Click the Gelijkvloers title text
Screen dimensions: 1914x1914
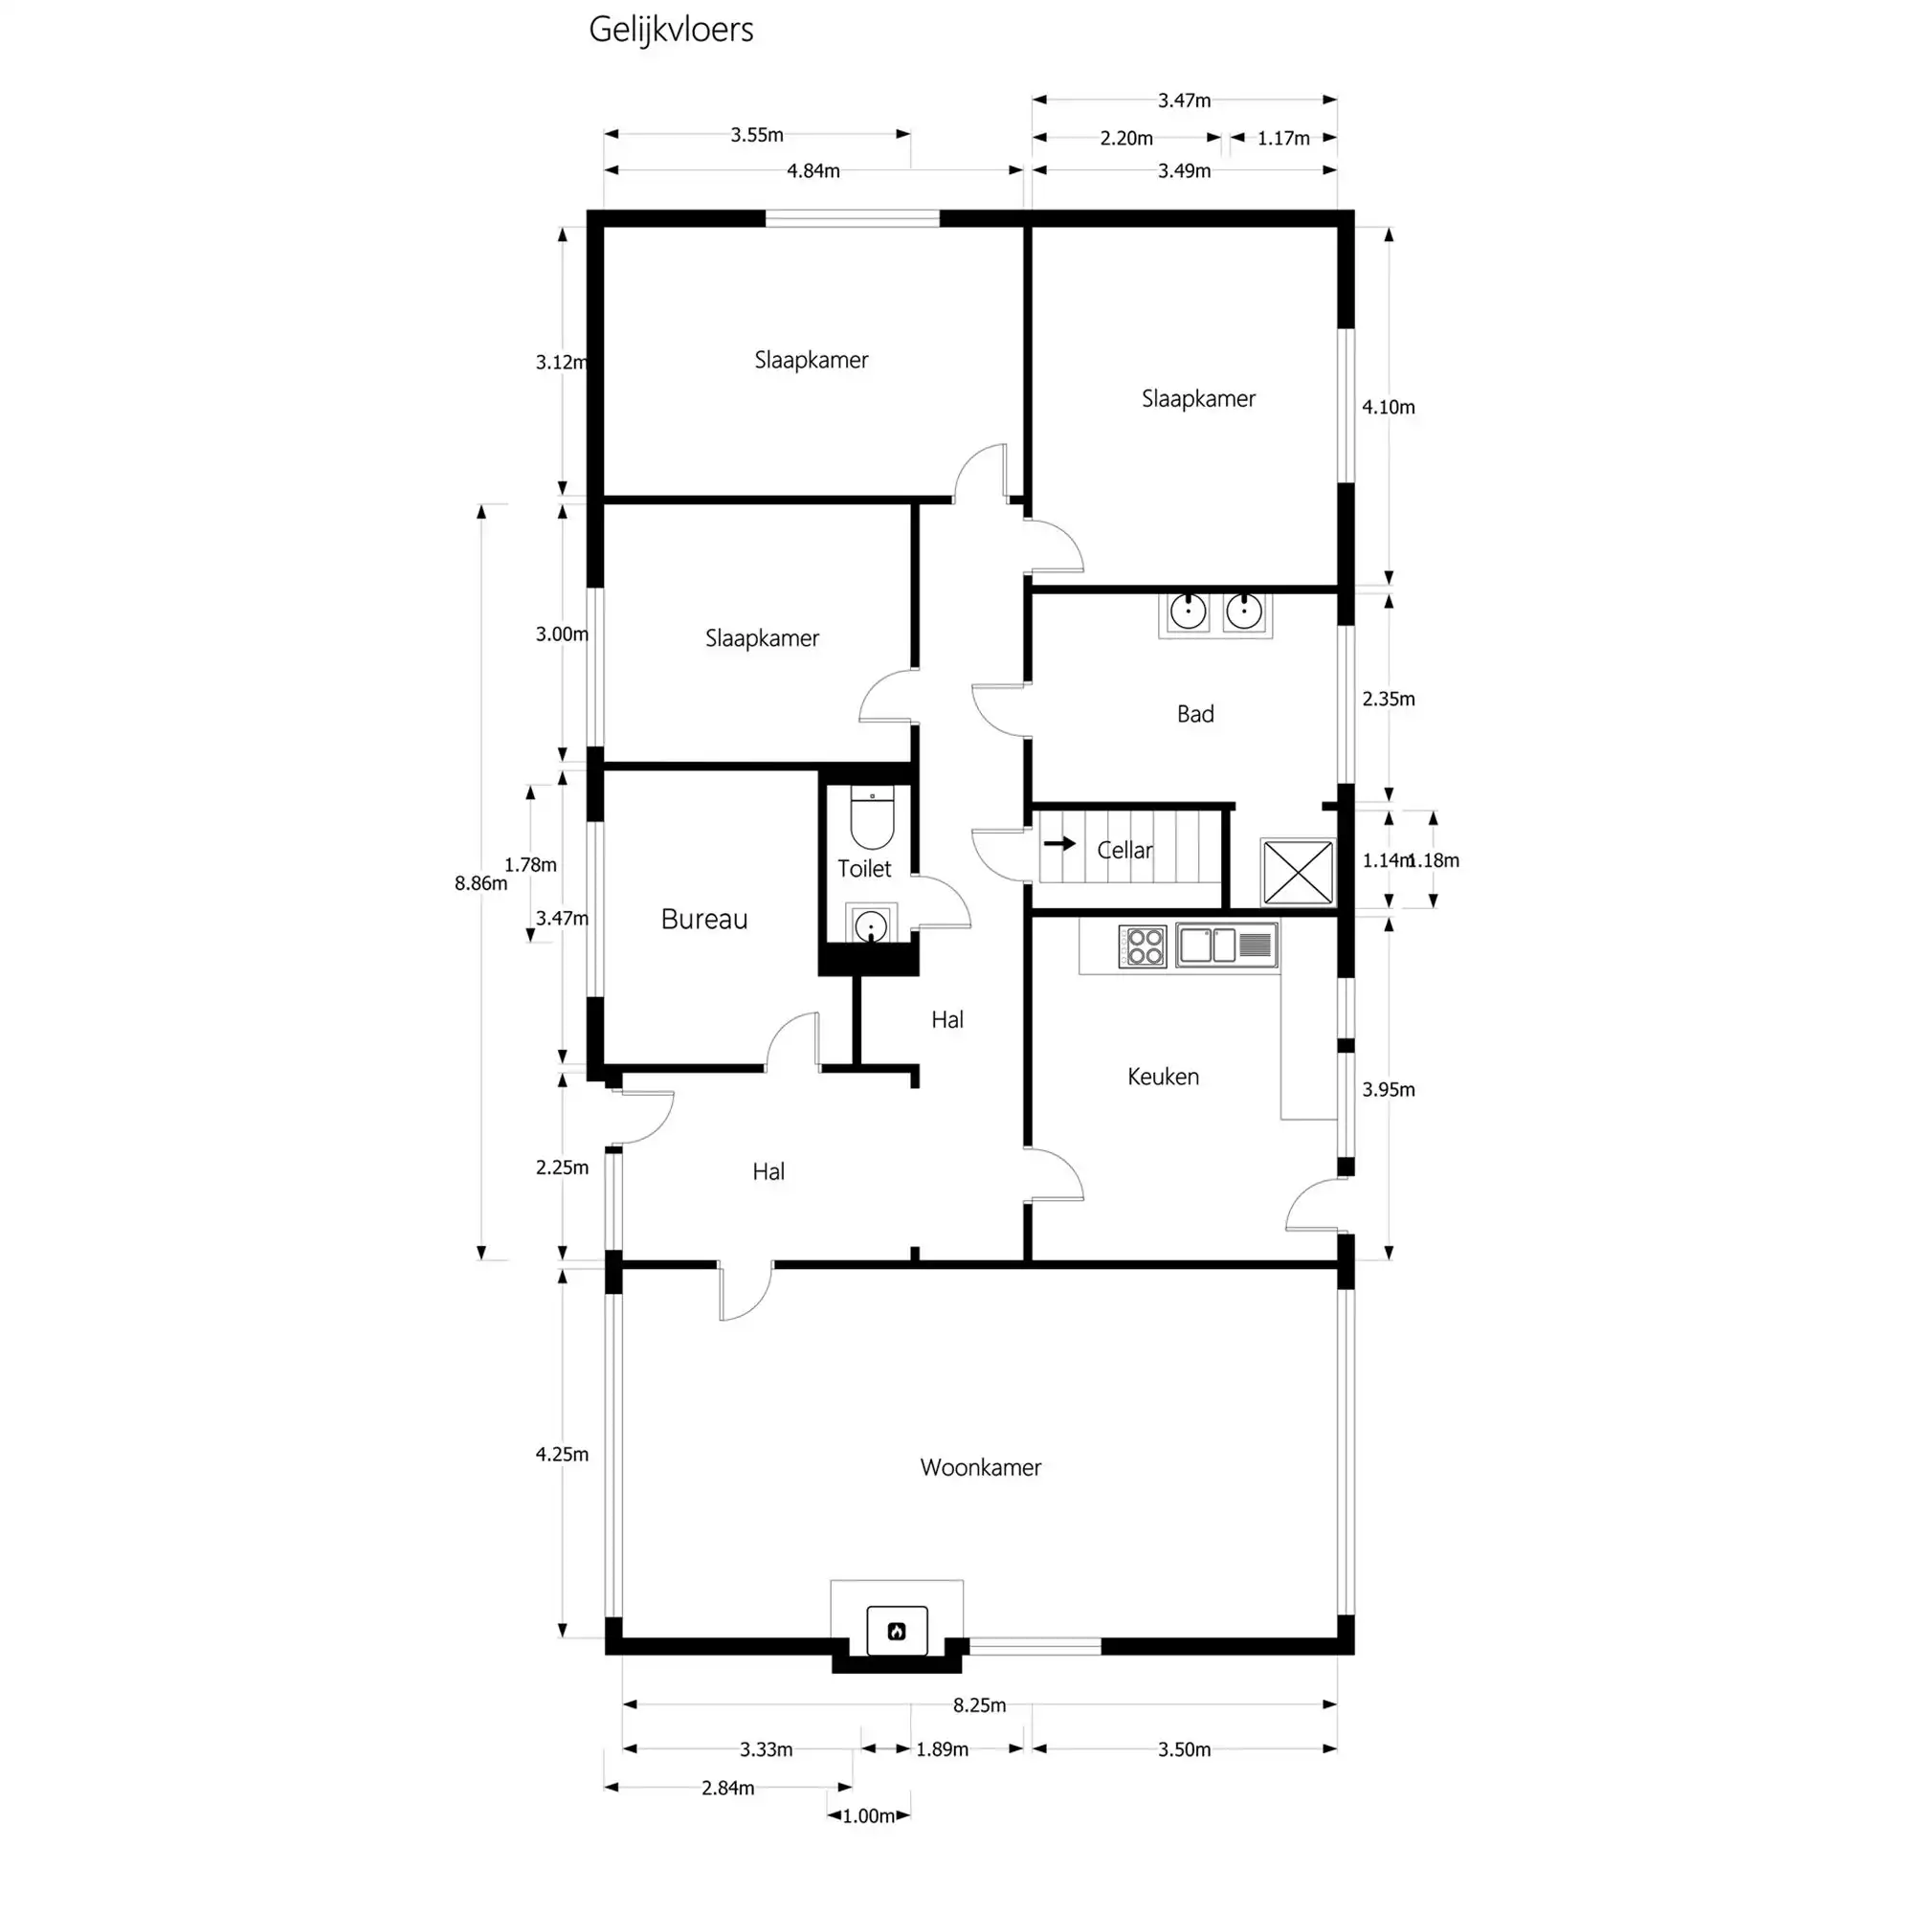671,30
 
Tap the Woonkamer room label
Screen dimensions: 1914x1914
980,1467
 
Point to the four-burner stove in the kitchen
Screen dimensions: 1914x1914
1143,946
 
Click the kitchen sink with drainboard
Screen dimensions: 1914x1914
1227,946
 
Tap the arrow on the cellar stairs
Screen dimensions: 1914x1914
1059,844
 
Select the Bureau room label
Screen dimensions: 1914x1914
703,920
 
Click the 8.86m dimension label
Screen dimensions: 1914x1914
480,882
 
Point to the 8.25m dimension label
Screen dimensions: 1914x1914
979,1705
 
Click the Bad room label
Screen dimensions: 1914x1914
1194,714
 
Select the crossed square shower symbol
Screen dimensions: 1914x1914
1298,872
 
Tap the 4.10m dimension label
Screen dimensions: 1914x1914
1388,407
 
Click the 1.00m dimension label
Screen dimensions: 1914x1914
869,1816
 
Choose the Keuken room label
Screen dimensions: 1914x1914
1162,1077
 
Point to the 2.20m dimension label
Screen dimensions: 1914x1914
1125,139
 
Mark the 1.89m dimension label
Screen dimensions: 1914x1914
941,1749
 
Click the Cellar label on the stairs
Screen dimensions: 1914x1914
1124,850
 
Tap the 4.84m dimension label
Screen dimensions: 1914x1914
812,171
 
